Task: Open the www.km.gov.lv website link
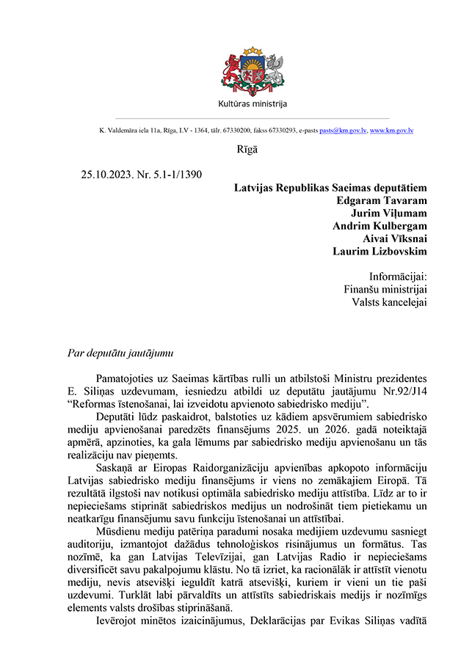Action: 392,130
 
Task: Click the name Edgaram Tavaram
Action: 381,200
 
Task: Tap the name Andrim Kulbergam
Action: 380,226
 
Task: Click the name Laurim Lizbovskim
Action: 380,252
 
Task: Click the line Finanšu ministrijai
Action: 385,290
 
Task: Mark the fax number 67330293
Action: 283,130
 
